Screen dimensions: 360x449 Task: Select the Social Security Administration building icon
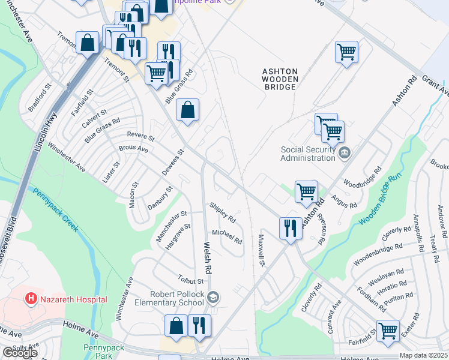tap(344, 152)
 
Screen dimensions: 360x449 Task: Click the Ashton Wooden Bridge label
tap(279, 79)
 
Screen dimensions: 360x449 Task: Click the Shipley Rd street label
tap(222, 212)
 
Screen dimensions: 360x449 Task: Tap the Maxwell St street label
tap(262, 250)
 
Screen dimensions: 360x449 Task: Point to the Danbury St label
tap(160, 198)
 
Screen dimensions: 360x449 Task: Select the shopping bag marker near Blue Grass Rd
tap(188, 110)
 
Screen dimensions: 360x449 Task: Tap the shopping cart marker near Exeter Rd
tap(388, 330)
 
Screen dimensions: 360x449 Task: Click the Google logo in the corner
tap(20, 353)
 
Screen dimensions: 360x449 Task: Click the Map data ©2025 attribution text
tap(423, 355)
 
